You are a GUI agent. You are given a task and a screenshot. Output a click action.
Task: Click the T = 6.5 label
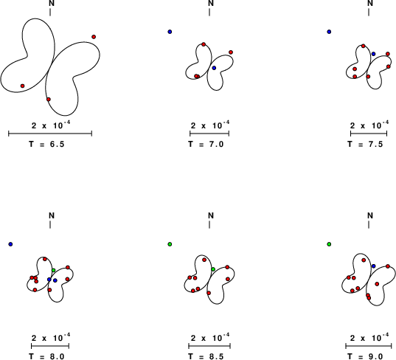46,144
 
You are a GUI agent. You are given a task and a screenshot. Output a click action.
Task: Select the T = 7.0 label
206,144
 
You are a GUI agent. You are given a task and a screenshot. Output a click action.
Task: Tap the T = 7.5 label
365,144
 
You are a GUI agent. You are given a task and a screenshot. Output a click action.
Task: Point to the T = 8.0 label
46,356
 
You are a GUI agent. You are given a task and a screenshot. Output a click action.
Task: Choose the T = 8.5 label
206,356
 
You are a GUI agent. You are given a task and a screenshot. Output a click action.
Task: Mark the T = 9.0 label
365,356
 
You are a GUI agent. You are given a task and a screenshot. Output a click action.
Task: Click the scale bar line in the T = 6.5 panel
50,134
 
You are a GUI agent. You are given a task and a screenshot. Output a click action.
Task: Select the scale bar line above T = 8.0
50,346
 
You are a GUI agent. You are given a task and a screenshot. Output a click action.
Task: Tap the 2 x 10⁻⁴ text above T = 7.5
369,125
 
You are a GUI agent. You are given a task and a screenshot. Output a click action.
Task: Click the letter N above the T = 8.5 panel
211,215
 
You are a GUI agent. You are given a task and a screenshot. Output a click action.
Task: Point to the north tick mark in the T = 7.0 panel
209,12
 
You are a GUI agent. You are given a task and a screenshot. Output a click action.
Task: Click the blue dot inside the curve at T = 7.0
214,68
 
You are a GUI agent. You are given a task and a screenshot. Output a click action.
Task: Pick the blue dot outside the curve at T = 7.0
170,32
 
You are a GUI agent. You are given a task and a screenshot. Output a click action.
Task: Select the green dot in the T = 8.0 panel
54,270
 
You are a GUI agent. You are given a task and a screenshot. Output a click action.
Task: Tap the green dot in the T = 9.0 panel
329,244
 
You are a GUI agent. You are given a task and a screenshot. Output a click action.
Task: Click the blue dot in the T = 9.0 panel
374,266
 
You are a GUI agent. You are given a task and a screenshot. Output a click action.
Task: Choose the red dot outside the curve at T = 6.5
94,37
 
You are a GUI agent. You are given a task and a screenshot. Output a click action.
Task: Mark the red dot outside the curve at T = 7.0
231,52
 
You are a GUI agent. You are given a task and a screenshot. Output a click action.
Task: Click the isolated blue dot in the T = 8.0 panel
10,244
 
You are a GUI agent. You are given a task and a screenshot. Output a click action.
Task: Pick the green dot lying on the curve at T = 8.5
213,269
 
